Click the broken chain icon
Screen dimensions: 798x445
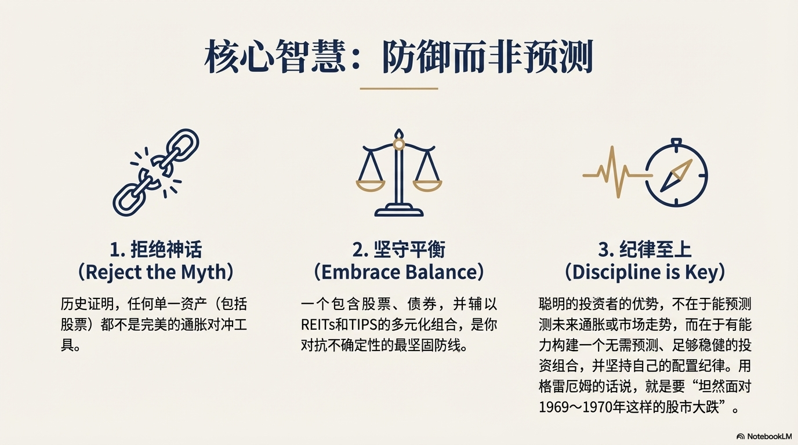[155, 172]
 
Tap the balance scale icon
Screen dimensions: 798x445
[399, 173]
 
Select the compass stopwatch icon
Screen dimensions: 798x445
[676, 172]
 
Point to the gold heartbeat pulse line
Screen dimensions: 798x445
[618, 172]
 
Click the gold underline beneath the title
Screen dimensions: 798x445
[399, 88]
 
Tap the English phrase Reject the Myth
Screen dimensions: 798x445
[156, 272]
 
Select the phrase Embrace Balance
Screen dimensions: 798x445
[399, 272]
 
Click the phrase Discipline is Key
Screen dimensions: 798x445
[645, 272]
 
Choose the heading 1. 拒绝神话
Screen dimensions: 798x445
[156, 249]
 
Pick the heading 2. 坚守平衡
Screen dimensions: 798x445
[399, 249]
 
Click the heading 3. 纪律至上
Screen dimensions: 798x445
[645, 249]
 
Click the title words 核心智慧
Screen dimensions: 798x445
[275, 57]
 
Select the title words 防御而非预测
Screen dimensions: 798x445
[488, 57]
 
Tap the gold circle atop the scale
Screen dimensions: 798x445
[399, 144]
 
